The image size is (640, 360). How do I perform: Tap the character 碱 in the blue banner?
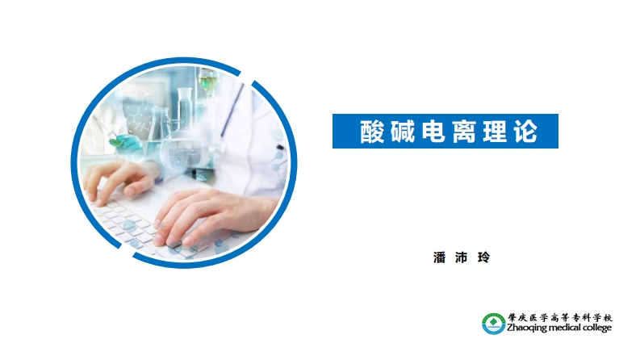coord(403,132)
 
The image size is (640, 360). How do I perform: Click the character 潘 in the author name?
coord(440,257)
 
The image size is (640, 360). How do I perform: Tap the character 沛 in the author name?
coord(462,257)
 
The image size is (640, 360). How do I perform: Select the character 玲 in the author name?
coord(484,257)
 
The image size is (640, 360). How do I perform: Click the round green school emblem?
coord(493,322)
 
